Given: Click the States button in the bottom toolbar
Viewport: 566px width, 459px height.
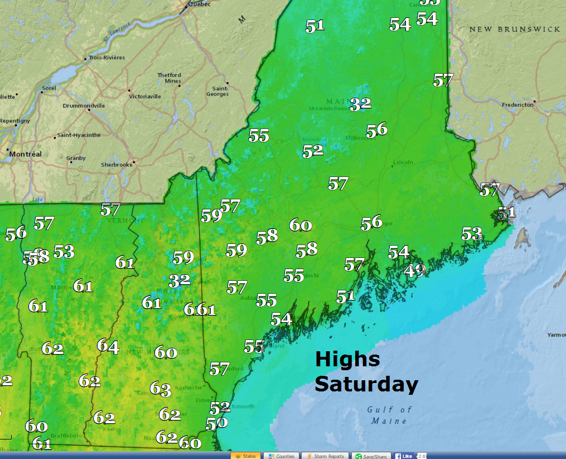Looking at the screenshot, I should click(x=245, y=456).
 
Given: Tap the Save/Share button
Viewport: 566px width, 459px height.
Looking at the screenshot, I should click(x=371, y=456).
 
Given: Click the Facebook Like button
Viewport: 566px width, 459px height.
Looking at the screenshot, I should click(x=404, y=456).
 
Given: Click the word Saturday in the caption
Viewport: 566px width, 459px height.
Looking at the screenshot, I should click(x=366, y=384).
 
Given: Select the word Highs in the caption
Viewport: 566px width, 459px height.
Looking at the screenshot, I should click(x=347, y=359).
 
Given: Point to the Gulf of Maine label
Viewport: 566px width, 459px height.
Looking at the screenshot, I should click(x=390, y=415).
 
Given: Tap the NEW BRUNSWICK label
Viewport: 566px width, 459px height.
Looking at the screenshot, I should click(x=514, y=29).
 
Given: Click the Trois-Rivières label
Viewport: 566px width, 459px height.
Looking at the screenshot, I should click(x=107, y=58).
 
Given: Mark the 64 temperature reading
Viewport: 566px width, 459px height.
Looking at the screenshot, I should click(x=108, y=346).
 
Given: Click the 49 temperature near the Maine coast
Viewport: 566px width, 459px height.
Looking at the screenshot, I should click(x=415, y=271).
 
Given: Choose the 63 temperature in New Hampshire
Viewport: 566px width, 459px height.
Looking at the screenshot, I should click(x=160, y=388).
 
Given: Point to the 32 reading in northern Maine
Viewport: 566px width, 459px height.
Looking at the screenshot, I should click(x=360, y=104).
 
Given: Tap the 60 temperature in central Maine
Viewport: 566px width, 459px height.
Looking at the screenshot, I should click(x=300, y=225).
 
